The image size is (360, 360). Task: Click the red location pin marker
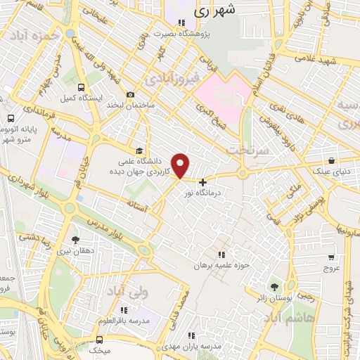(x=181, y=165)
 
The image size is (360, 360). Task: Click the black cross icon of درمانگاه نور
(x=203, y=182)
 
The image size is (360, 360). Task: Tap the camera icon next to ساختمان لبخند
(x=130, y=95)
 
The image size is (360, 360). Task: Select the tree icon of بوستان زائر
(x=274, y=286)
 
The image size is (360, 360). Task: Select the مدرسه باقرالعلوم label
(x=124, y=320)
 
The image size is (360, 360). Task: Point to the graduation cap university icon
(x=139, y=150)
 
